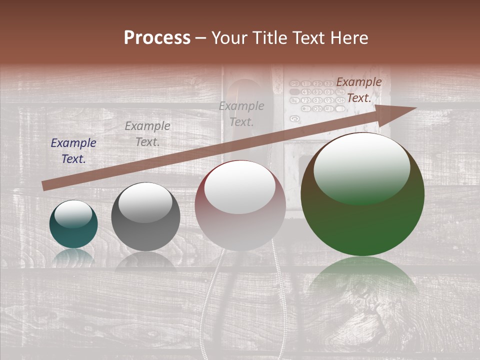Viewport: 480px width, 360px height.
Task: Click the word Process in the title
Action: click(157, 38)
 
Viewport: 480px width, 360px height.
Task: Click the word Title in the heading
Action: click(269, 38)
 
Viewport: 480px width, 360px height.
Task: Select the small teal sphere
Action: click(73, 224)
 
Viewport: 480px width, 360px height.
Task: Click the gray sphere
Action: click(145, 217)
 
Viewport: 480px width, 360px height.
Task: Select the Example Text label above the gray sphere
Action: click(147, 134)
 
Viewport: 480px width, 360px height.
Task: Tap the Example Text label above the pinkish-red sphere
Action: click(241, 113)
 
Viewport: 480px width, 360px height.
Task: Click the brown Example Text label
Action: click(358, 90)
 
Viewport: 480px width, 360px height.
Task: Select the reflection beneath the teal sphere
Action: click(73, 256)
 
